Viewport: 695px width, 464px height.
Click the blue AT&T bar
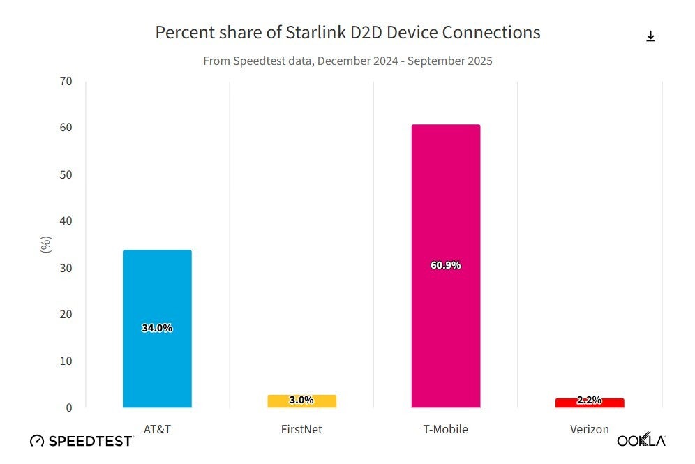156,293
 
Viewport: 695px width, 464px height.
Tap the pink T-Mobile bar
445,209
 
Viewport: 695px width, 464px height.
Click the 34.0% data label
156,328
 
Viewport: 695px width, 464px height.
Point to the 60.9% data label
445,266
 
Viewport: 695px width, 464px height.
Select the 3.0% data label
301,401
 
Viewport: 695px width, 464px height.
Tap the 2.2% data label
589,401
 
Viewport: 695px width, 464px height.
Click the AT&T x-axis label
156,429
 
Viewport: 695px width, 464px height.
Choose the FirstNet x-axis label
301,429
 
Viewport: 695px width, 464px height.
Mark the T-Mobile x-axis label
445,429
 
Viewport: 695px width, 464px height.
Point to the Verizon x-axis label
590,429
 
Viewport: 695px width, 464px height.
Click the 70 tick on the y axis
66,81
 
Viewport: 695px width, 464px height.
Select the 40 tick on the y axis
66,221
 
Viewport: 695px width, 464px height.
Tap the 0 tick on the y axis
69,407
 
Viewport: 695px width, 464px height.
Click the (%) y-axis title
46,244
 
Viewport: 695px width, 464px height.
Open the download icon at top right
650,36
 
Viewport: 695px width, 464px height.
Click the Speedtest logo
82,441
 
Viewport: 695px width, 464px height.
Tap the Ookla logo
641,440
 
